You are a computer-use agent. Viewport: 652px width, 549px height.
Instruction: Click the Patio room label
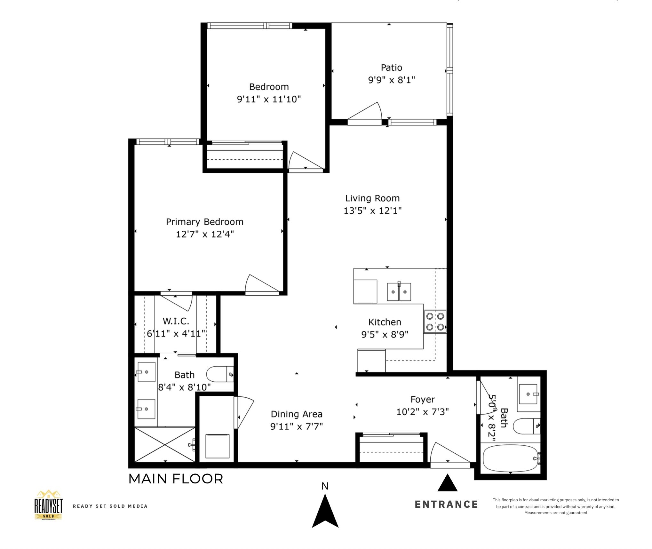391,68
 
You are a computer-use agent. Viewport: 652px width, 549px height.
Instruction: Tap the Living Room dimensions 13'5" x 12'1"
373,211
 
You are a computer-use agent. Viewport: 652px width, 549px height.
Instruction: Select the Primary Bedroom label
205,222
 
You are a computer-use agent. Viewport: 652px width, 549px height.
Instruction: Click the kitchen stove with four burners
435,322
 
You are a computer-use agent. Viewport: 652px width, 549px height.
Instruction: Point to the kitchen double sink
399,291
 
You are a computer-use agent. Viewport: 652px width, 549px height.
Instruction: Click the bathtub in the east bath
511,459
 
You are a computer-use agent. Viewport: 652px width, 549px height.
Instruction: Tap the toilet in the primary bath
220,374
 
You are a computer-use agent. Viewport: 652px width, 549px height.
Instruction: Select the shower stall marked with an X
164,444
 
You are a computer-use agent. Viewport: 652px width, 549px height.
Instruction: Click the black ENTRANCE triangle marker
447,482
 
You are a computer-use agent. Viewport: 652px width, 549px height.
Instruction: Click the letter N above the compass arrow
325,486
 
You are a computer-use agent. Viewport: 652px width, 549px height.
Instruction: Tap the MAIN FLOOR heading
176,479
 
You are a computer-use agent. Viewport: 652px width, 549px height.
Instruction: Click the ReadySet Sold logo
49,505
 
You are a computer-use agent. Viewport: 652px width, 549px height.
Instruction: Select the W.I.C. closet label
176,321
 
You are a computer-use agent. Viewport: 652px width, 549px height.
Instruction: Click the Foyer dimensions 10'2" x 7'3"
423,411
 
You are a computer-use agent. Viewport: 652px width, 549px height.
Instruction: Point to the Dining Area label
297,414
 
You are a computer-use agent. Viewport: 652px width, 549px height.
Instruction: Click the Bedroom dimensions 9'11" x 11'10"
269,99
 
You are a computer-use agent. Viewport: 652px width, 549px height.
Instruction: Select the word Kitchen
385,322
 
